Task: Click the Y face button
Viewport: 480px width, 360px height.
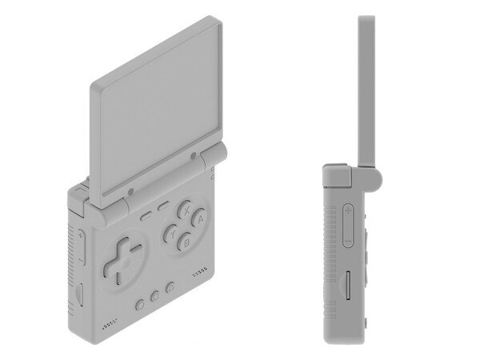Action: (x=171, y=234)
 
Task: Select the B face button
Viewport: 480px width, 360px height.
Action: (x=186, y=240)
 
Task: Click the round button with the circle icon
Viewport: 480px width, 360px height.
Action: (x=141, y=305)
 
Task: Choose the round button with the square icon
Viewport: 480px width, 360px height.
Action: (x=156, y=297)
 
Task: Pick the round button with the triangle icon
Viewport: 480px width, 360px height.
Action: (x=170, y=289)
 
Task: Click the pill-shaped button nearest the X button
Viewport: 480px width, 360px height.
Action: (x=162, y=207)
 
